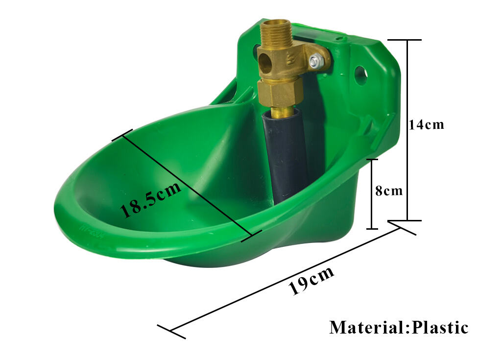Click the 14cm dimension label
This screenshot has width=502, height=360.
click(x=427, y=124)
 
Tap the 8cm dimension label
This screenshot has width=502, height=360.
click(x=389, y=191)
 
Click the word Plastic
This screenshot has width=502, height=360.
click(x=440, y=327)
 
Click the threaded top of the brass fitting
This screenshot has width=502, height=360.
click(x=275, y=31)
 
